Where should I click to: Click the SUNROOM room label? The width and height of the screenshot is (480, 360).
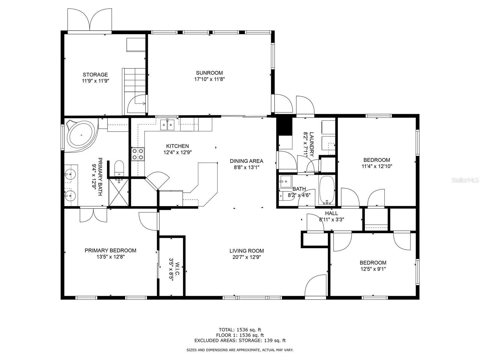tap(209, 73)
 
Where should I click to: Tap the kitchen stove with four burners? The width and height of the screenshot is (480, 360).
tap(138, 154)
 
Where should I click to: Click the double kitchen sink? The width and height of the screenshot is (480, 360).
tap(167, 124)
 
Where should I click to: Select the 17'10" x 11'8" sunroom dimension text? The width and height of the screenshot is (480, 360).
tap(209, 79)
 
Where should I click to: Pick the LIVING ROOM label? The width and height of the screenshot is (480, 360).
tap(247, 251)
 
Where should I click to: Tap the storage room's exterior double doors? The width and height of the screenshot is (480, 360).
tap(89, 19)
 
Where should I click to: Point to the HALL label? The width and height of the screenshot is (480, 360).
tap(331, 213)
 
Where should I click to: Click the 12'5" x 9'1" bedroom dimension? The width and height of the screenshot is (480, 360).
tap(373, 269)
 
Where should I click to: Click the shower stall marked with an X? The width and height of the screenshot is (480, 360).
tap(119, 192)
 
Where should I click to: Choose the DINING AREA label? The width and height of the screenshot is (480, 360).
tap(247, 161)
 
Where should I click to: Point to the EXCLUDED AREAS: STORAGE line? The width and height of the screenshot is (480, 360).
tap(240, 340)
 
